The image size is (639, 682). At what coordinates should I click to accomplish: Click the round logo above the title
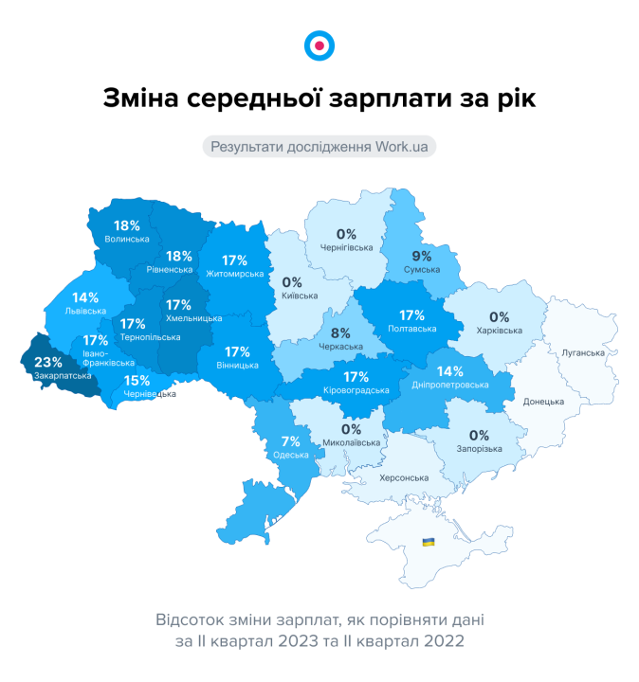[319, 45]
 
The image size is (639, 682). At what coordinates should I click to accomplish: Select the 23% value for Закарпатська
[48, 362]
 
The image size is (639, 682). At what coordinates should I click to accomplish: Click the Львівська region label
[85, 310]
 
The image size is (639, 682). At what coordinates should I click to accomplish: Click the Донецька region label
[544, 402]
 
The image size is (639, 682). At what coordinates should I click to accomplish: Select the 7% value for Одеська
[290, 440]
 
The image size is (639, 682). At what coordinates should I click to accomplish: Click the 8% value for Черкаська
[340, 333]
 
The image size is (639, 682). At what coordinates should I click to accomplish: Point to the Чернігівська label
[346, 247]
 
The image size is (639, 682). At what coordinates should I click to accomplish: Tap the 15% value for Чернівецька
[137, 381]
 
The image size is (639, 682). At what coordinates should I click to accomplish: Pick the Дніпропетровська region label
[451, 386]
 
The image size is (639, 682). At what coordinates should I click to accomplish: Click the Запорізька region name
[479, 449]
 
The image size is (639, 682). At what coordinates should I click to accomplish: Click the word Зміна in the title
[137, 99]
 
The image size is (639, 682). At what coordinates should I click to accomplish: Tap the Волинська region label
[127, 239]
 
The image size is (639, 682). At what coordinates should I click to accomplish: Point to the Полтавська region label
[412, 329]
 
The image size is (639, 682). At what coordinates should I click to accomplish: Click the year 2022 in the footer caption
[446, 641]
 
